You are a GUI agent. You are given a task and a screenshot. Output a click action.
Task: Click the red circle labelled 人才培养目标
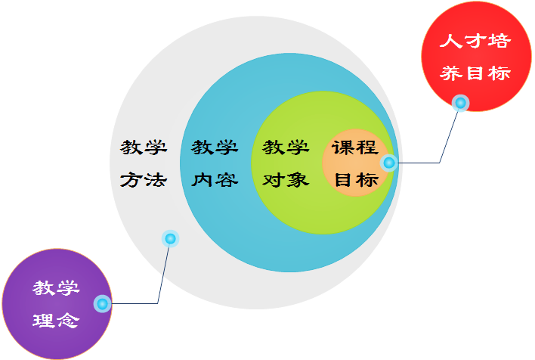(x=476, y=56)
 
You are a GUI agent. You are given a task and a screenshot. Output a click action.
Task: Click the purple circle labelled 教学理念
(x=57, y=303)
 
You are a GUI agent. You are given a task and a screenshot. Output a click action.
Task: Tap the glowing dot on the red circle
(x=459, y=103)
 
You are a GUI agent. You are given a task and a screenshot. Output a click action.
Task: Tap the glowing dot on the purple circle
(x=103, y=304)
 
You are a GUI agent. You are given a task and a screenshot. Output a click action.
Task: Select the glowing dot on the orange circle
(x=388, y=163)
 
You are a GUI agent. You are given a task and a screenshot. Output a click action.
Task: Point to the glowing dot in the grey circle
(x=170, y=239)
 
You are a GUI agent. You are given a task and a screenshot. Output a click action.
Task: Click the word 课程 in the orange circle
(x=355, y=147)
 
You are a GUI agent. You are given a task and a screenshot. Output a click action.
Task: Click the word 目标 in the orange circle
(x=355, y=180)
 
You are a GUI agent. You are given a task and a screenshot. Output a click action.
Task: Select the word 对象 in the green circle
(x=285, y=180)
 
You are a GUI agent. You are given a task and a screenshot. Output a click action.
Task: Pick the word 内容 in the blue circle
(x=215, y=180)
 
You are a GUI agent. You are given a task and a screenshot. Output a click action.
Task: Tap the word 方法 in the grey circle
(x=143, y=180)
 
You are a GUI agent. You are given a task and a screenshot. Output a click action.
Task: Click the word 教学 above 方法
(x=143, y=147)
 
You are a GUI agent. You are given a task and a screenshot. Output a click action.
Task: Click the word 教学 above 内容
(x=215, y=147)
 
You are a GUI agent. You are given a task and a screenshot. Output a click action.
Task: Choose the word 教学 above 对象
(x=285, y=147)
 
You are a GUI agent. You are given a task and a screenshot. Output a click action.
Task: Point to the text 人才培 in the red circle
(x=475, y=41)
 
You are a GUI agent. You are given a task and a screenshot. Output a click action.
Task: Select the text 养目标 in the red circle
(x=475, y=73)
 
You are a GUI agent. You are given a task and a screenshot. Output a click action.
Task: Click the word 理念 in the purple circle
(x=56, y=319)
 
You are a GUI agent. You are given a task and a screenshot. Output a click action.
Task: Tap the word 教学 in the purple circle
(x=56, y=287)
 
